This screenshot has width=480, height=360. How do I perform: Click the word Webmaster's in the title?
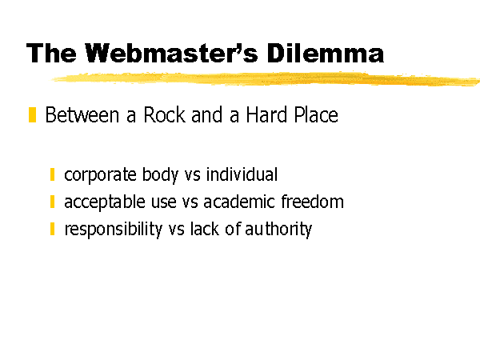tap(171, 53)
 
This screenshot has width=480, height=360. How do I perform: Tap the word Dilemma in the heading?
tap(325, 53)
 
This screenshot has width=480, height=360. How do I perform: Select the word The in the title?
tap(51, 53)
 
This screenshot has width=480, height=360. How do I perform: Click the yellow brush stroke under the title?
tap(265, 78)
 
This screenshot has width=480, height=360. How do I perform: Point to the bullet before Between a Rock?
tap(32, 114)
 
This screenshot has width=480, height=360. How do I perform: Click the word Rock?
tap(164, 115)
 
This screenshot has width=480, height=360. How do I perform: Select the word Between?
tap(82, 115)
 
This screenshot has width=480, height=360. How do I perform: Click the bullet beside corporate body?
tap(52, 174)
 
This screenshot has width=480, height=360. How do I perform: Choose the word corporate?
tap(100, 175)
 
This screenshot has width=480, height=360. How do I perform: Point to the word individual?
tap(242, 174)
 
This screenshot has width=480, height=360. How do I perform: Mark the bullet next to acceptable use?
tap(52, 202)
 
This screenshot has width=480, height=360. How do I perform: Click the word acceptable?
tap(105, 202)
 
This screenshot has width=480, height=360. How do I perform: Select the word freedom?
tap(312, 202)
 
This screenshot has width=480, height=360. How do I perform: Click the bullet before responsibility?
tap(52, 229)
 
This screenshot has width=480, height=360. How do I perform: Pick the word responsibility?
tap(114, 230)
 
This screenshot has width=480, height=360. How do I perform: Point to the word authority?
tap(278, 230)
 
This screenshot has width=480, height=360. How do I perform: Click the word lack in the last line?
tap(205, 229)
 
